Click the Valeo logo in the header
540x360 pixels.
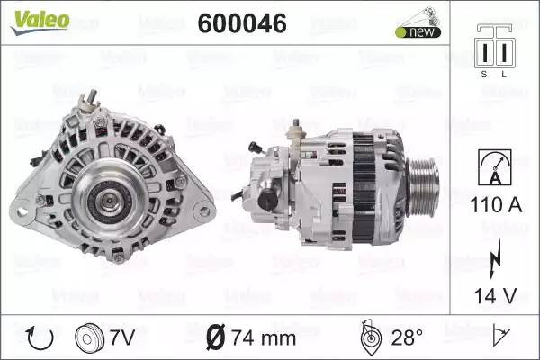tap(40, 22)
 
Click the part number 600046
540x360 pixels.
tap(242, 23)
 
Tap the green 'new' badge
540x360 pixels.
tap(418, 32)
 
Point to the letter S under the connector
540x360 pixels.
tap(484, 74)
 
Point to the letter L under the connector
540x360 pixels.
tap(504, 74)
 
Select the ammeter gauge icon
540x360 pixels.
tap(495, 167)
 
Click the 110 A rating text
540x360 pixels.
tap(496, 205)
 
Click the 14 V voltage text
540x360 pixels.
tap(496, 295)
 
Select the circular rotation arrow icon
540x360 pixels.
tap(40, 338)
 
